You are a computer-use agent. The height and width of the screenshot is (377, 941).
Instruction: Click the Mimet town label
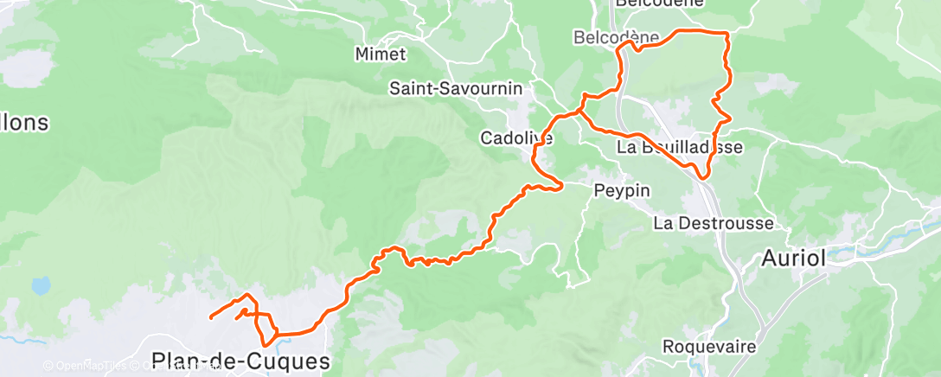point(381,54)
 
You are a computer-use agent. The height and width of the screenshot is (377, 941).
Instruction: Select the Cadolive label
point(516,137)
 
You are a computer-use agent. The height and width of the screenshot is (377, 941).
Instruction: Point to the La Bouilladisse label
point(679,148)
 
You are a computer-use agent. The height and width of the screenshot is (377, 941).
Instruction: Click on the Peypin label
point(622,189)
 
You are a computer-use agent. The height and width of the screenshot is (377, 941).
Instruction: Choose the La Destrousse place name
point(714,223)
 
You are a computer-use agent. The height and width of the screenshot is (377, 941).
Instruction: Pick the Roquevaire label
point(710,346)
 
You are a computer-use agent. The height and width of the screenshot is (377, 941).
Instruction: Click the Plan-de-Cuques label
point(240,361)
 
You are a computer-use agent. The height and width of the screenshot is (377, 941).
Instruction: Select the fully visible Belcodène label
point(617,37)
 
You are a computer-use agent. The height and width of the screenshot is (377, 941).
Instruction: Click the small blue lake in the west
point(40,284)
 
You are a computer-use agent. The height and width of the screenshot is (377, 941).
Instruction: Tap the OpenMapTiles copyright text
point(86,367)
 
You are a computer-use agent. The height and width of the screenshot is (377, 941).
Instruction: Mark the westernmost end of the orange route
point(211,317)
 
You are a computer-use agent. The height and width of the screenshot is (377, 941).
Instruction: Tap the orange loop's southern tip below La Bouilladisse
point(702,177)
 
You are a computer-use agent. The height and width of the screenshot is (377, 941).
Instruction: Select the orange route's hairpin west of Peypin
point(560,184)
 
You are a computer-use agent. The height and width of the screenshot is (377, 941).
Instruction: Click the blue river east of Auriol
point(899,230)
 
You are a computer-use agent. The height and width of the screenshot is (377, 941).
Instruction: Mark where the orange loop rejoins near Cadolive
point(580,111)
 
